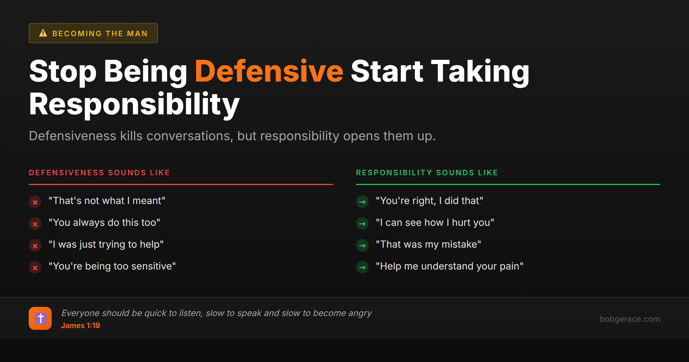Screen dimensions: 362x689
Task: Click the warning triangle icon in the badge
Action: point(43,33)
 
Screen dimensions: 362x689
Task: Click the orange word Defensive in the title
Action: point(269,71)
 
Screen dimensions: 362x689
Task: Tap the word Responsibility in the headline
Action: point(134,104)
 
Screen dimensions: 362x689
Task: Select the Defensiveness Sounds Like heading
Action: point(99,173)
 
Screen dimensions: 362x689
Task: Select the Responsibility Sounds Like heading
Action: point(427,173)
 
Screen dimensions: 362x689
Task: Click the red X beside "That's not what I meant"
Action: point(35,202)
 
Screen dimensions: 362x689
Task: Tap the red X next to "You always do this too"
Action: point(35,224)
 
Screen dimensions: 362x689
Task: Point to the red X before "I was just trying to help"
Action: point(35,246)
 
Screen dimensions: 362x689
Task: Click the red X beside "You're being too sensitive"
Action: point(35,267)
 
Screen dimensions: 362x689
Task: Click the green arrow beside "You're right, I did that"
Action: point(362,202)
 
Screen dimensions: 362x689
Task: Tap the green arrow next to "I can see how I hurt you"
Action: point(362,224)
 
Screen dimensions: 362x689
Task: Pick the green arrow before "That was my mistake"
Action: point(362,246)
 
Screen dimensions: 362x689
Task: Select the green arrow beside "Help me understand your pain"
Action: point(362,267)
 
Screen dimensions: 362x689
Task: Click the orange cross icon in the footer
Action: point(40,318)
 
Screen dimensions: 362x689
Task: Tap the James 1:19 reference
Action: point(80,326)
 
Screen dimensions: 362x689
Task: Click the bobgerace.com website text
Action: point(630,319)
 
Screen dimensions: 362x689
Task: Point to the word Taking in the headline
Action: point(480,71)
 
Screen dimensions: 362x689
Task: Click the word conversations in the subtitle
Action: point(189,136)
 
